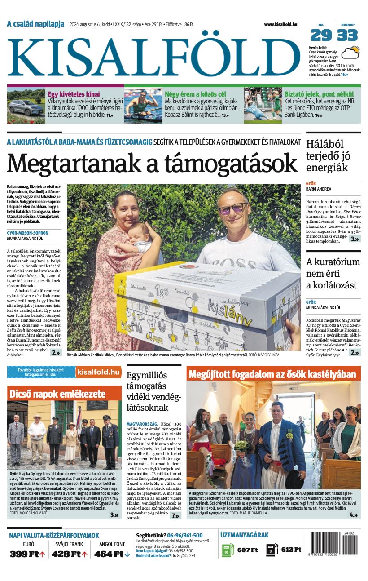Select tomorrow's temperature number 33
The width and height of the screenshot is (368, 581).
348,35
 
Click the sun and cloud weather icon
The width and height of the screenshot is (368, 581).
350,53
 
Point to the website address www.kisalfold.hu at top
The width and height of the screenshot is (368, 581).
280,24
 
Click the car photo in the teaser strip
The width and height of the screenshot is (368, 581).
26,106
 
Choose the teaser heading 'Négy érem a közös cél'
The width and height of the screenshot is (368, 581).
195,94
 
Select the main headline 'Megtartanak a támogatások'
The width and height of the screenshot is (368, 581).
152,163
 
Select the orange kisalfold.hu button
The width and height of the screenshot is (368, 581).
98,372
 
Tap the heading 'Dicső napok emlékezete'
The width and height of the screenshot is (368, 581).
57,394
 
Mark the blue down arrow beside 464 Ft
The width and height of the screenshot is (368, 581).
127,554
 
